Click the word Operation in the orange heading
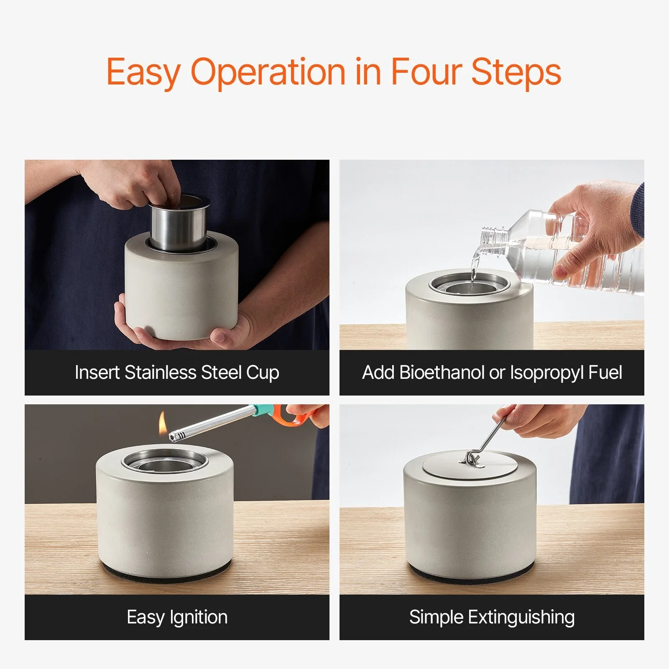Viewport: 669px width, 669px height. (x=268, y=72)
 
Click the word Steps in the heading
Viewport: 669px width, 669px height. (x=516, y=72)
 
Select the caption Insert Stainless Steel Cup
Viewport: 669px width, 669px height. (x=177, y=373)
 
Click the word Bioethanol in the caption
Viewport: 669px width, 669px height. (x=442, y=372)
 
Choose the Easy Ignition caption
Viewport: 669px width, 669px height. (x=177, y=618)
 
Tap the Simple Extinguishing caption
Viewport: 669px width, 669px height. (x=492, y=618)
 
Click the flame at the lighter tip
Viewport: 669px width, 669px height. (x=162, y=423)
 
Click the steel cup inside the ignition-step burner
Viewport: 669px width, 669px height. (x=165, y=465)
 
